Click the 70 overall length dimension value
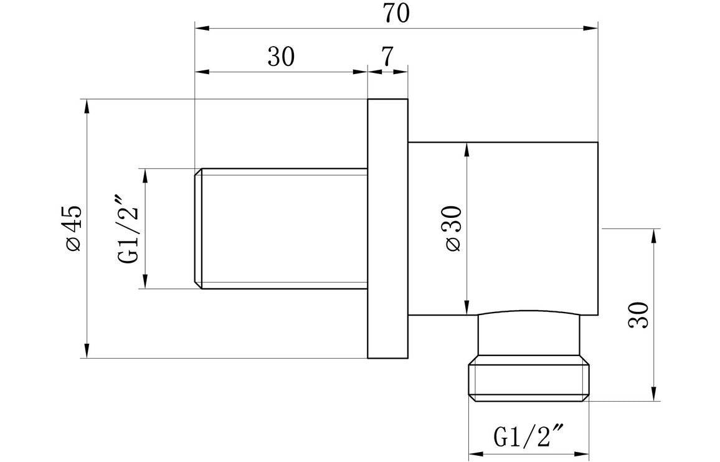click(x=396, y=14)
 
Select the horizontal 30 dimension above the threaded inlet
click(x=280, y=57)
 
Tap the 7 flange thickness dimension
click(x=387, y=57)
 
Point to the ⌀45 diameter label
click(x=72, y=228)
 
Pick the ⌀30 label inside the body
click(x=453, y=228)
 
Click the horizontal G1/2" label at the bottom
click(x=529, y=437)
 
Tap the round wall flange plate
click(x=387, y=229)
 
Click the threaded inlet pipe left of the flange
click(x=283, y=229)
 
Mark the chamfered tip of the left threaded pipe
click(x=199, y=229)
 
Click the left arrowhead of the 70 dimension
click(x=201, y=28)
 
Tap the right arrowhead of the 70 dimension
click(x=592, y=28)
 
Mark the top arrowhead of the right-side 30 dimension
click(x=653, y=235)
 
